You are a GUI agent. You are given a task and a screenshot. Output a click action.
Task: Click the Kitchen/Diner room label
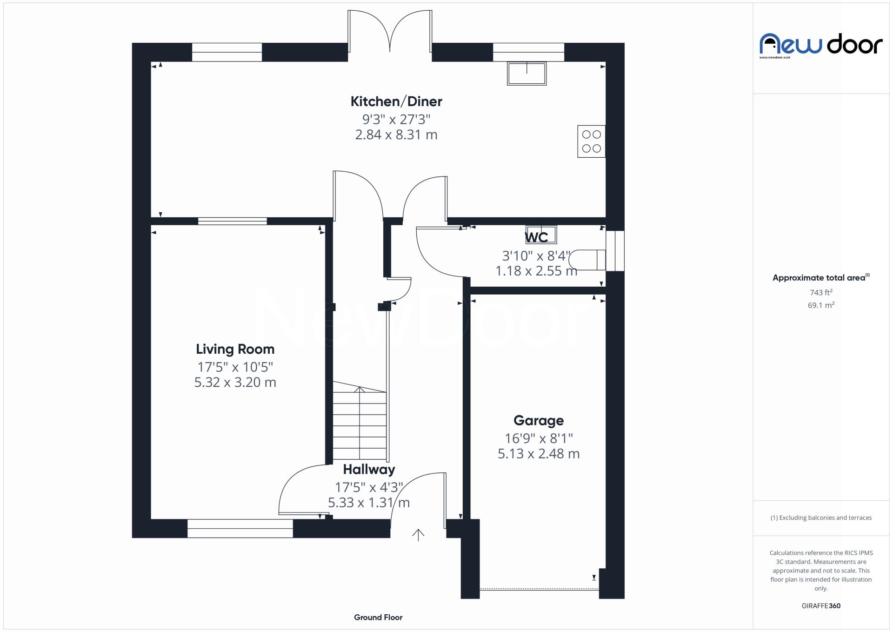(396, 101)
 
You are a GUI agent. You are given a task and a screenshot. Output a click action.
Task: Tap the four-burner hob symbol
(591, 141)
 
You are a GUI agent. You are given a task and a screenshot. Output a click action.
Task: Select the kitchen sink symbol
(526, 74)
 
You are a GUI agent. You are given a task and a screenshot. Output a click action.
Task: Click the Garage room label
(538, 421)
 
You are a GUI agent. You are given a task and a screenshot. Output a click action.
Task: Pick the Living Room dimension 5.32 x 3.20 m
(235, 383)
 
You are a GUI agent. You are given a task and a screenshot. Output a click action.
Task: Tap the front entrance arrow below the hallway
(418, 535)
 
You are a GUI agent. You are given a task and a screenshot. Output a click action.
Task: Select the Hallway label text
(369, 470)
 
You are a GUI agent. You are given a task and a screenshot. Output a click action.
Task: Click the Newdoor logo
(820, 45)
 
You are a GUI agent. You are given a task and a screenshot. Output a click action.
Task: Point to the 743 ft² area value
(820, 293)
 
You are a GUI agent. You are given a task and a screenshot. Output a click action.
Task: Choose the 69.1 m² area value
(820, 305)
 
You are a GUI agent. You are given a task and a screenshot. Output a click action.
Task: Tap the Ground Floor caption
(378, 618)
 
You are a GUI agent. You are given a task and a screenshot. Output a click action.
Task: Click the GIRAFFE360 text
(820, 606)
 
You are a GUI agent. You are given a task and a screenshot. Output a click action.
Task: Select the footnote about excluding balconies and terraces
(820, 518)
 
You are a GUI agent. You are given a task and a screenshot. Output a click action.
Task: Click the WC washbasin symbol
(541, 235)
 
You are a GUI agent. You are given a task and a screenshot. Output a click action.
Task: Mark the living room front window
(240, 529)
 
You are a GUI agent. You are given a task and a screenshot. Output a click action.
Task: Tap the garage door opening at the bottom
(539, 589)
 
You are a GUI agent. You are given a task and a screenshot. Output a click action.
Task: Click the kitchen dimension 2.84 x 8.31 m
(396, 135)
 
